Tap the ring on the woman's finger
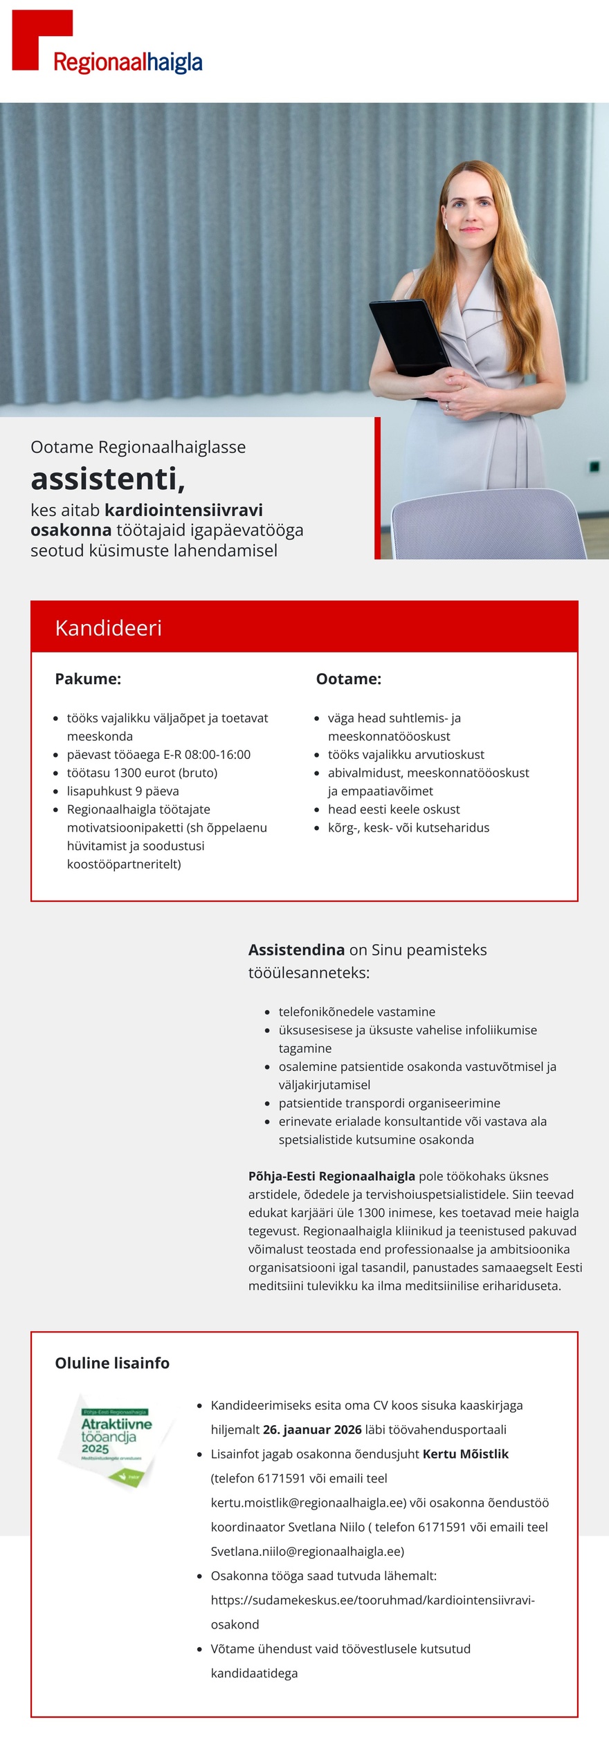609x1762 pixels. click(448, 406)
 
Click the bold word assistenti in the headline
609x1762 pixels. click(107, 478)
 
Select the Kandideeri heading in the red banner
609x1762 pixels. click(109, 627)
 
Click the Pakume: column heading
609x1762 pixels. click(88, 679)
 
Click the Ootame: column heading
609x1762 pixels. click(349, 679)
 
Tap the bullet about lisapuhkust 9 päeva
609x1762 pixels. click(122, 791)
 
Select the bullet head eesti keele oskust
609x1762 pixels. click(394, 809)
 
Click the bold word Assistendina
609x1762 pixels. click(296, 949)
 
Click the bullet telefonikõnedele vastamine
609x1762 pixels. click(356, 1011)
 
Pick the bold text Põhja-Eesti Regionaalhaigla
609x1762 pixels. click(331, 1175)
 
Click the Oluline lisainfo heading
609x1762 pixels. click(112, 1363)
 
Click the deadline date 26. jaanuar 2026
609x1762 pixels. click(312, 1429)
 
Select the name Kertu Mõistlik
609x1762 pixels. click(465, 1453)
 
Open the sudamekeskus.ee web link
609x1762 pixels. click(372, 1599)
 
